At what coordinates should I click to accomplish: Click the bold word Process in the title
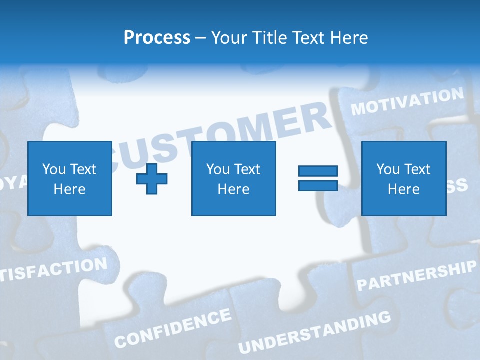157,37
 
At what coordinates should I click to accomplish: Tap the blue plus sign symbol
152,179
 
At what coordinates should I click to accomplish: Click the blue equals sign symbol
318,178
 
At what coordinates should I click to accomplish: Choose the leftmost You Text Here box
70,178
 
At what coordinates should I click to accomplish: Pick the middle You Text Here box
234,178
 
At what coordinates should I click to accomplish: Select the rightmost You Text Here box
404,178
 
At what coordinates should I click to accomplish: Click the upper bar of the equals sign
318,171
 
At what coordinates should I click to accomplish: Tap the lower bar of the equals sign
318,185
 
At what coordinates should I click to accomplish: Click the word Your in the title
229,37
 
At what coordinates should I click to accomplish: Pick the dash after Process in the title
200,38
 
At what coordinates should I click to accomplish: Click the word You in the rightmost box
388,169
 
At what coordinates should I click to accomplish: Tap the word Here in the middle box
234,189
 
